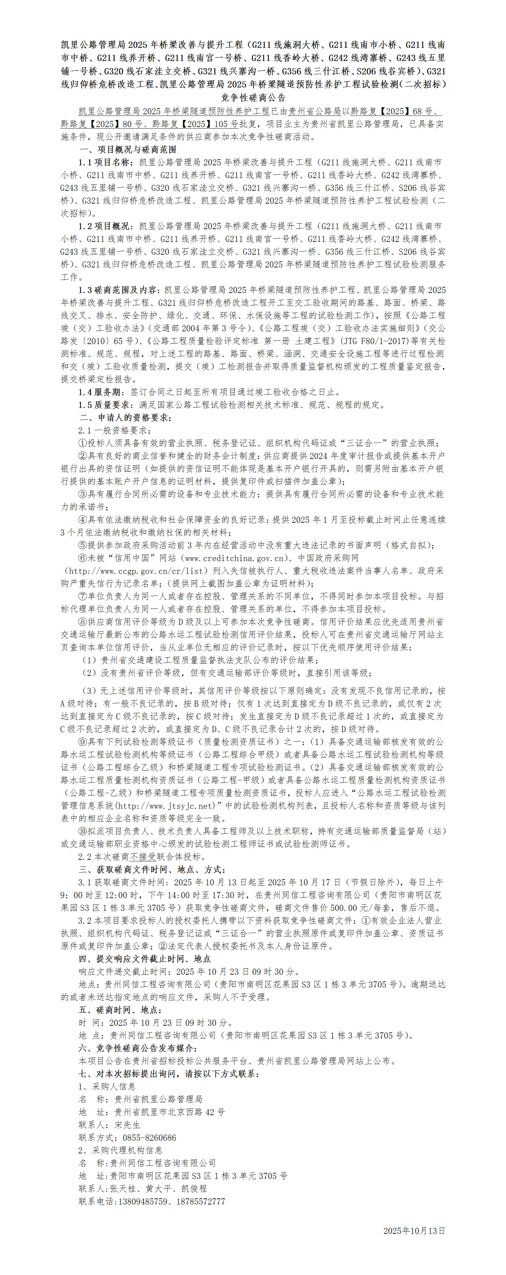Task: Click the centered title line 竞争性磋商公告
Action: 253,98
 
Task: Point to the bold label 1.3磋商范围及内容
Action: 118,289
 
